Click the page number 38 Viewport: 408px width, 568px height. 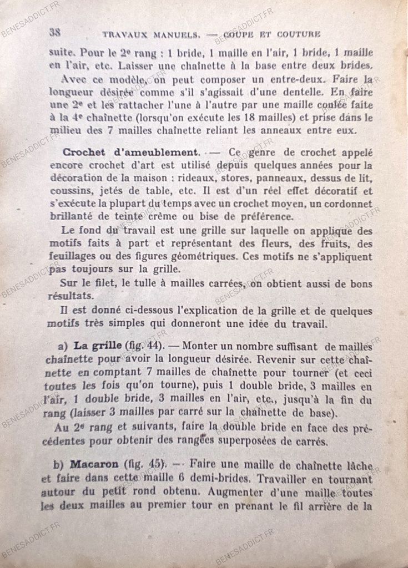55,32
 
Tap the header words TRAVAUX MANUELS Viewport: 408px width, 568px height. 151,35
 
